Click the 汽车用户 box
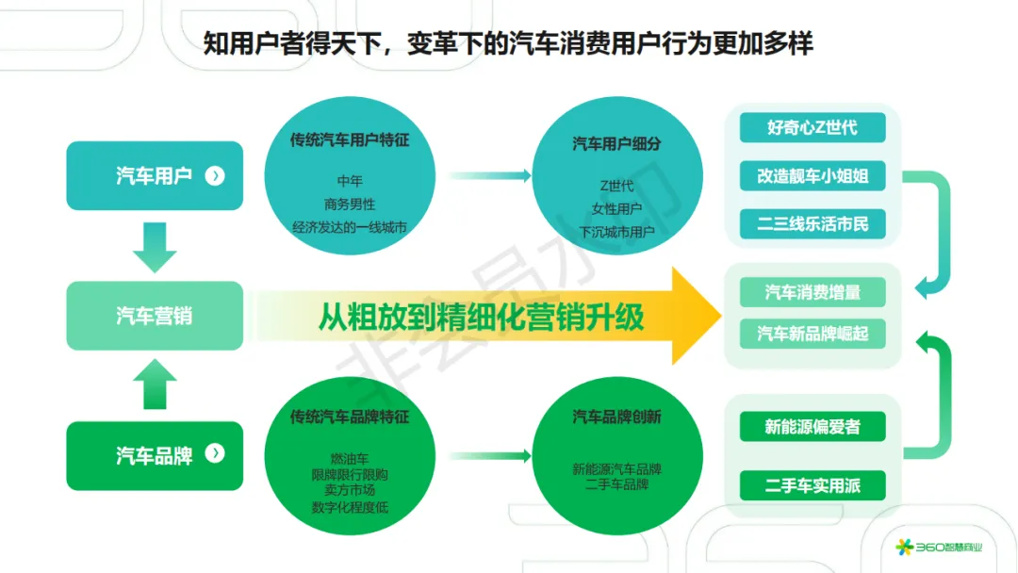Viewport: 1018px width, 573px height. [155, 175]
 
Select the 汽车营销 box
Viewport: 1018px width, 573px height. [155, 316]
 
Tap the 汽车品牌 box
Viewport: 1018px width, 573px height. [155, 455]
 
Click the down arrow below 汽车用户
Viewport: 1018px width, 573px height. [155, 246]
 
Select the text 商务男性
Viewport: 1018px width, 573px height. [350, 203]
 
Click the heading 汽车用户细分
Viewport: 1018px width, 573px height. [617, 143]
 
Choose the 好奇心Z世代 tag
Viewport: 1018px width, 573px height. [812, 127]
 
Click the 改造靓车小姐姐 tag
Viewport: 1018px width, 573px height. [812, 176]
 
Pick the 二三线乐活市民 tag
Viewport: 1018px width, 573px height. [812, 225]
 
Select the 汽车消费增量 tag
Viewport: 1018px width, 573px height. [812, 292]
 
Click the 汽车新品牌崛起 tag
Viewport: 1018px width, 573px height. [812, 334]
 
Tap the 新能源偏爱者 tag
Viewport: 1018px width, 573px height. [812, 427]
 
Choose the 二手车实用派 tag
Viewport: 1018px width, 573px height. [812, 486]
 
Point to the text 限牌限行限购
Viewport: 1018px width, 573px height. [350, 475]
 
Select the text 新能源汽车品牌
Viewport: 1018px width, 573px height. [617, 468]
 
